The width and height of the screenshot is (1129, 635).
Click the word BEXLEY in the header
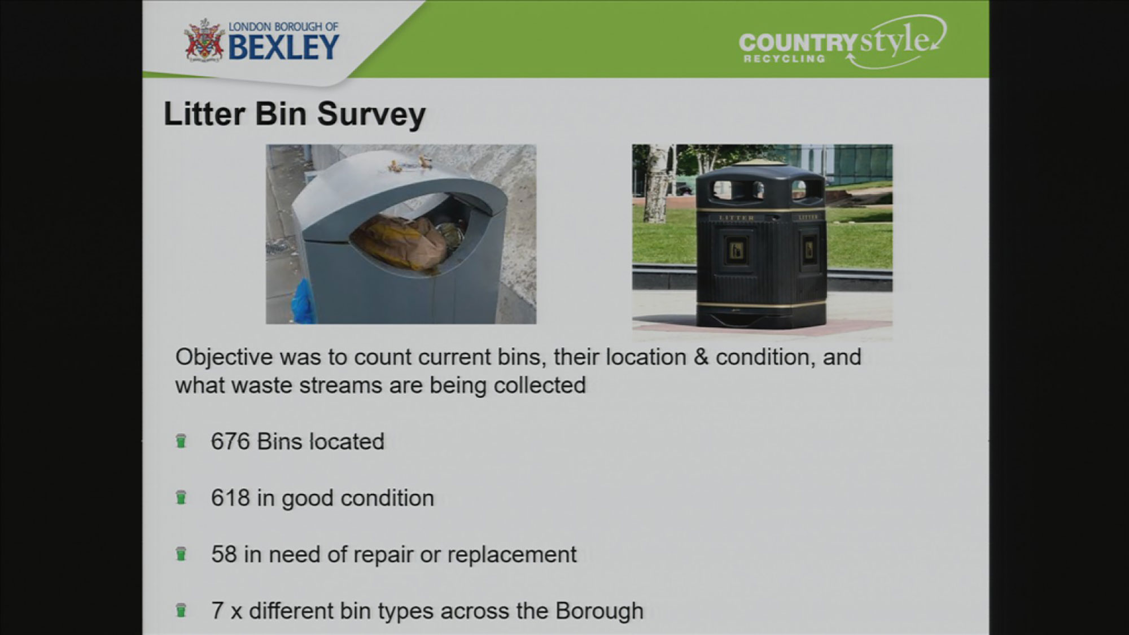284,47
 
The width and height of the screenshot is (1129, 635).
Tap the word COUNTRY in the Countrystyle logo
798,43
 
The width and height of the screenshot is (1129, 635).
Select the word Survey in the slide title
371,115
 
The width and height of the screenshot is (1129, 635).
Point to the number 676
230,441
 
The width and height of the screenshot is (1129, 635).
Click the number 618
230,498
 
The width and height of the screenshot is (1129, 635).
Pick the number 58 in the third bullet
224,554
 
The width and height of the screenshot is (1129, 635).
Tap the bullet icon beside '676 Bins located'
181,441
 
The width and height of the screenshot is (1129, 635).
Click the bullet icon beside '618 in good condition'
181,497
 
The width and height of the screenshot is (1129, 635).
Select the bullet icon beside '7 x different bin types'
181,610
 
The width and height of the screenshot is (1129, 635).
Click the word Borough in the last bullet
599,611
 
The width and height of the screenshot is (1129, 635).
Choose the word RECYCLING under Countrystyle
784,59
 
